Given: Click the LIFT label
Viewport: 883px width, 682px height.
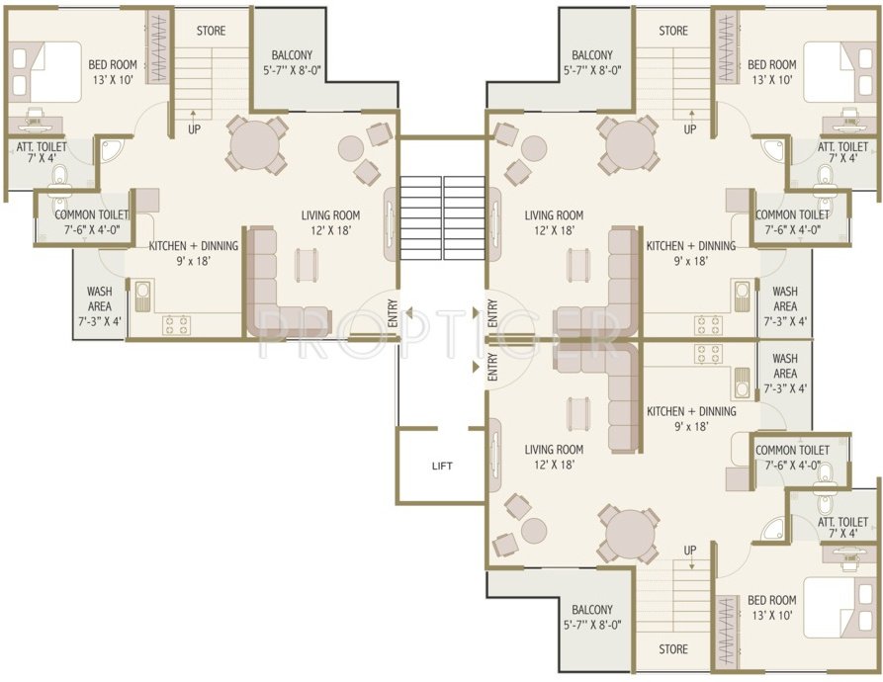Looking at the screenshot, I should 442,466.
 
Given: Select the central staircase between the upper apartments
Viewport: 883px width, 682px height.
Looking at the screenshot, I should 442,217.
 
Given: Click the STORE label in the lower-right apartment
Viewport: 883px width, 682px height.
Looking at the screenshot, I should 672,649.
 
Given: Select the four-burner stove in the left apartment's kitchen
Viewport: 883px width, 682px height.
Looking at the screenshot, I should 176,322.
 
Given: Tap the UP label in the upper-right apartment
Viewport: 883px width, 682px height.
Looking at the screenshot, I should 689,129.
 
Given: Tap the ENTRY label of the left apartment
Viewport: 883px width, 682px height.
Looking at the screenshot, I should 393,313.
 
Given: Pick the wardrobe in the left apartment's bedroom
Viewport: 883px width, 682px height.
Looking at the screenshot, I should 156,48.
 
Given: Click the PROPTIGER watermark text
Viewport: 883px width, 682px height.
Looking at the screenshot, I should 441,335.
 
